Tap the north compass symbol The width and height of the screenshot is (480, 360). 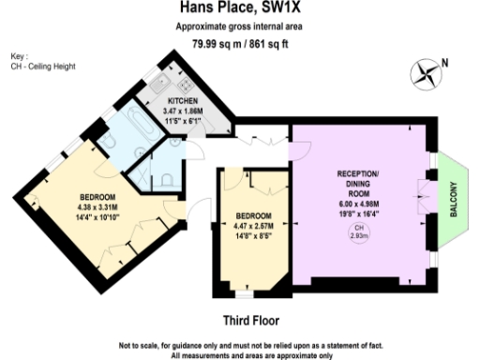coord(426,70)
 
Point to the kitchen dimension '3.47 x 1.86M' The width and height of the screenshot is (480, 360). coord(183,111)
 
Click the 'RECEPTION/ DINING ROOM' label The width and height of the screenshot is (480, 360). coord(360,186)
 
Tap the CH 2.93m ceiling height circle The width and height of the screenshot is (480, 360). coord(360,234)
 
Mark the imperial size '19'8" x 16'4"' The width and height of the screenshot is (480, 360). coord(360,214)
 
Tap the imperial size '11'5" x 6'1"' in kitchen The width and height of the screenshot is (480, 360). coord(183,121)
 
